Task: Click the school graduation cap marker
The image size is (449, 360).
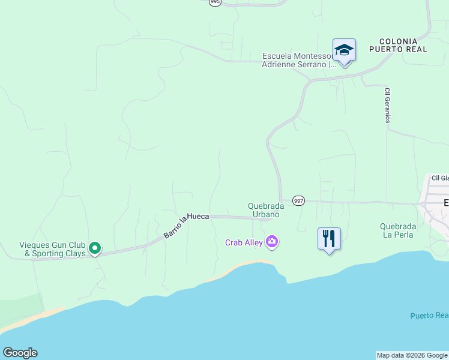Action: point(344,50)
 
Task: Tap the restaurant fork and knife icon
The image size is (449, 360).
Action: point(329,238)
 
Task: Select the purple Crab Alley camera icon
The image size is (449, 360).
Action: point(272,242)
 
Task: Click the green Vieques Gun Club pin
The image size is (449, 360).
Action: point(94,247)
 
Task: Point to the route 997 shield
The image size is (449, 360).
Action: point(298,200)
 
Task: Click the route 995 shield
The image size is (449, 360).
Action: point(215,2)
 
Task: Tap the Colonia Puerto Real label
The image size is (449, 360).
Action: point(399,45)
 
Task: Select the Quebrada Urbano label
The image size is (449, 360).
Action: point(264,210)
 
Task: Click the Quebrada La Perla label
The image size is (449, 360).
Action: point(398,230)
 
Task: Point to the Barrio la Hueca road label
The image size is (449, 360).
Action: point(186,223)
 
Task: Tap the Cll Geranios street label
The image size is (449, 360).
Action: point(388,106)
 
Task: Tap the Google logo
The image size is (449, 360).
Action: point(20,353)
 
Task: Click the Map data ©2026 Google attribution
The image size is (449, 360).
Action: point(412,355)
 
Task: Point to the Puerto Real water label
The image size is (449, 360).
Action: point(429,316)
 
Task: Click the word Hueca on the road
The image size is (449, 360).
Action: point(197,216)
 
